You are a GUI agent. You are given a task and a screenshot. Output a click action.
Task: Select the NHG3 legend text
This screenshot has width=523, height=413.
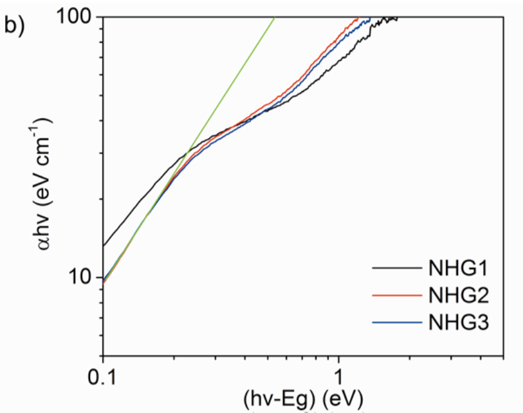coord(459,322)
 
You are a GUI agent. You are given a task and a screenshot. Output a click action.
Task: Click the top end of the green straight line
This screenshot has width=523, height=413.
coord(274,18)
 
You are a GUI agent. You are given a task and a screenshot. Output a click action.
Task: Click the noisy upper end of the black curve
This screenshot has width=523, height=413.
coord(394,18)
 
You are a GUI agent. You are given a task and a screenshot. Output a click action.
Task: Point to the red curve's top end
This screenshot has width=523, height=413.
coord(358,19)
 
